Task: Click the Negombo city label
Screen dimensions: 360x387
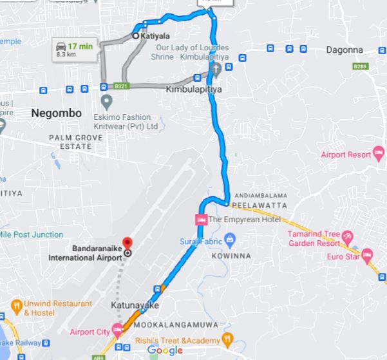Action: (56, 113)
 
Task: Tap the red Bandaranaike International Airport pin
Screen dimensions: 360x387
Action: (127, 243)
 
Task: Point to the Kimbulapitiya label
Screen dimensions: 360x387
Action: (193, 90)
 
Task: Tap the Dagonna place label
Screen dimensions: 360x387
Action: (344, 50)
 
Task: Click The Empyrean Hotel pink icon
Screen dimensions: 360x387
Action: (200, 219)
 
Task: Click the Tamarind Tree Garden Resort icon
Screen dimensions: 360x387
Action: (348, 235)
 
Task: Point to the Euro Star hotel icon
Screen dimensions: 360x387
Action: (368, 254)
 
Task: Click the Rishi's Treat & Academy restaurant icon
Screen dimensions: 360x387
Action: (227, 337)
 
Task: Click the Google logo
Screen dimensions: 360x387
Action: (165, 350)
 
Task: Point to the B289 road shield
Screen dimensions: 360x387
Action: (359, 66)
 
